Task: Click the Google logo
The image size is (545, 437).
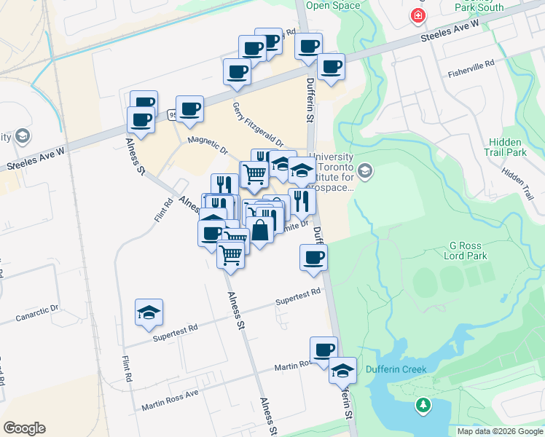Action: pos(24,428)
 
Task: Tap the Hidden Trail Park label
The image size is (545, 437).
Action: pos(507,147)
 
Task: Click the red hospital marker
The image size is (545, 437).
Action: pos(418,15)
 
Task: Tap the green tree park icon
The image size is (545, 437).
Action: pos(423,404)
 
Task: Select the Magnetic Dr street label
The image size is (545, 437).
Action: pos(208,146)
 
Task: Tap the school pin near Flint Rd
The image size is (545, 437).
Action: pos(149,312)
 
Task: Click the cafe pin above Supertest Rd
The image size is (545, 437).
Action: pos(313,257)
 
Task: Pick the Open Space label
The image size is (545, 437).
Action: pos(333,6)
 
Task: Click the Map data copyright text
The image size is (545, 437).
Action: pos(500,431)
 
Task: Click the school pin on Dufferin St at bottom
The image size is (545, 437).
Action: pos(342,370)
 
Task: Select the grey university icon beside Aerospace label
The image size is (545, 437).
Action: pos(365,171)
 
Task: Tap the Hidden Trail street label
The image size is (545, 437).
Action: pos(517,179)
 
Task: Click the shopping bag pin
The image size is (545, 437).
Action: pos(259,230)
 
